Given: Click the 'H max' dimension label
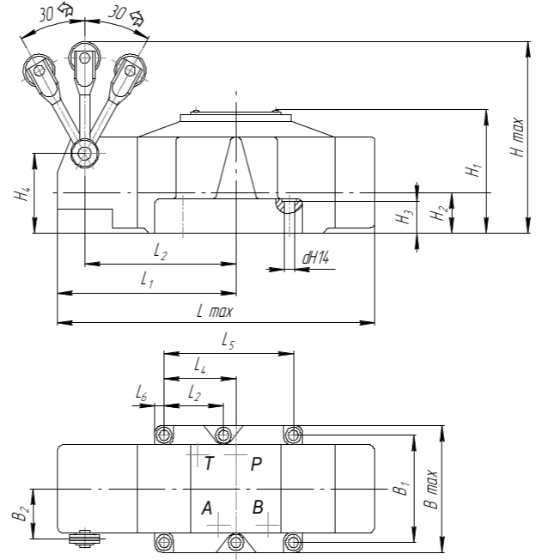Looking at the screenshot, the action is coord(517,137).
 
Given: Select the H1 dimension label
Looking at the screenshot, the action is coord(473,169).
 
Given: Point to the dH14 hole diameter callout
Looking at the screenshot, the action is coord(315,258).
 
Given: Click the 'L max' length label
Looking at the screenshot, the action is coord(215,311).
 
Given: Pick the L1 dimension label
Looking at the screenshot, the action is coord(147,280).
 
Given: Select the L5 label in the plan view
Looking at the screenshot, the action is coord(228,340).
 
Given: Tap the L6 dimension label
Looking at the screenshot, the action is coord(142,393).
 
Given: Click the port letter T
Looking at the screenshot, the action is coord(209,464).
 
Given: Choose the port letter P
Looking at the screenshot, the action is coord(256,464).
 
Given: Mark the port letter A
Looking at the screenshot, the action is coord(207,508).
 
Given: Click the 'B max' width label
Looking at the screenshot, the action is coord(430,490).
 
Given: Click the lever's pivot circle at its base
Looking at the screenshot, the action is coord(85,154).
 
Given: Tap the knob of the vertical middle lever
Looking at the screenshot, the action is coord(85,58).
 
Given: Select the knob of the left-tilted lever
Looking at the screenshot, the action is coord(39,70).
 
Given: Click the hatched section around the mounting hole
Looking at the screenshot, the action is coord(289,205).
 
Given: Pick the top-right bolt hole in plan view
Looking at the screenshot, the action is coord(293,435).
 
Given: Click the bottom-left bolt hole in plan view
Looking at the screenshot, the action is coord(164,543).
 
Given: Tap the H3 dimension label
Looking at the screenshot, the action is coord(405,217).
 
